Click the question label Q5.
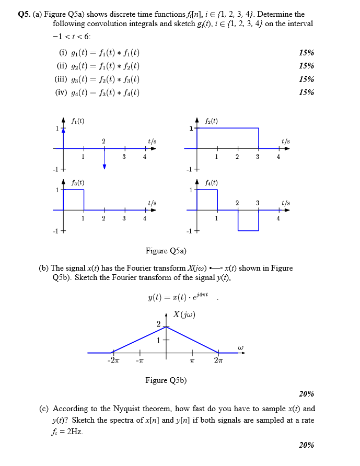pyautogui.click(x=24, y=15)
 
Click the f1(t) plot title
pyautogui.click(x=78, y=121)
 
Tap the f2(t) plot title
pyautogui.click(x=212, y=121)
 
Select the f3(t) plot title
pyautogui.click(x=78, y=182)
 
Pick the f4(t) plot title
pyautogui.click(x=211, y=182)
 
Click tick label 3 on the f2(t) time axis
pyautogui.click(x=258, y=156)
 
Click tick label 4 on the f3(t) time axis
pyautogui.click(x=145, y=218)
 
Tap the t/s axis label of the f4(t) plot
pyautogui.click(x=286, y=203)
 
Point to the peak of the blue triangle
pyautogui.click(x=167, y=327)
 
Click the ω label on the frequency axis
pyautogui.click(x=240, y=346)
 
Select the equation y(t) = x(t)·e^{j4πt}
pyautogui.click(x=179, y=298)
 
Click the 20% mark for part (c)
pyautogui.click(x=306, y=445)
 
